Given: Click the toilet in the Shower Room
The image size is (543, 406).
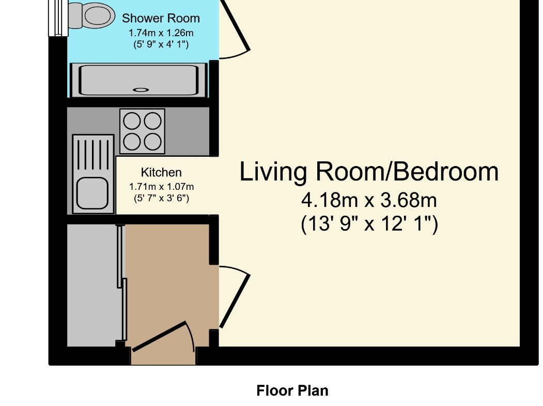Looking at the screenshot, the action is pyautogui.click(x=92, y=15).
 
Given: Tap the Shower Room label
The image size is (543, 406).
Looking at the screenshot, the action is pyautogui.click(x=161, y=19).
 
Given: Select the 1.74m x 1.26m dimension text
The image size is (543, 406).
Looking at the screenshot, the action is pyautogui.click(x=161, y=33).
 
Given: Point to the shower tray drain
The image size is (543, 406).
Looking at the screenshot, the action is pyautogui.click(x=141, y=90).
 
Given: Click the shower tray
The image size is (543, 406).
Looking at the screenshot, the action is pyautogui.click(x=138, y=80).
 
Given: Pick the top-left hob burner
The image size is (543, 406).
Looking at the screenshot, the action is pyautogui.click(x=132, y=122).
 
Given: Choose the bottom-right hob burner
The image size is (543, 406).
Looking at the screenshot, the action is pyautogui.click(x=153, y=142).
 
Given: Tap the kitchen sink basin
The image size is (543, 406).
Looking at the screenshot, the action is pyautogui.click(x=92, y=193).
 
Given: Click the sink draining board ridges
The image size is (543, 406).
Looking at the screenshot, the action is pyautogui.click(x=93, y=155).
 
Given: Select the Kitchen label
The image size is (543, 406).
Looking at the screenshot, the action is pyautogui.click(x=161, y=172).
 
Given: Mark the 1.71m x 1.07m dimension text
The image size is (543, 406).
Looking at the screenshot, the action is pyautogui.click(x=161, y=187).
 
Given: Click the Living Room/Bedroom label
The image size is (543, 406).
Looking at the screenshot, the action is pyautogui.click(x=369, y=171).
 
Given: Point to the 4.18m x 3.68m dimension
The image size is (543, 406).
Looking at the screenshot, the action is pyautogui.click(x=369, y=200).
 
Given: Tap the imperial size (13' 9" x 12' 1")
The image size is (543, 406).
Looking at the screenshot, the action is pyautogui.click(x=369, y=223).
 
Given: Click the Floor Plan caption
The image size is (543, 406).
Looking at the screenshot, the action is pyautogui.click(x=292, y=391).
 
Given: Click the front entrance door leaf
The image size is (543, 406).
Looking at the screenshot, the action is pyautogui.click(x=159, y=337).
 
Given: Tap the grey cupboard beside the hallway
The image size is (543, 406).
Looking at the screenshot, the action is pyautogui.click(x=92, y=285).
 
